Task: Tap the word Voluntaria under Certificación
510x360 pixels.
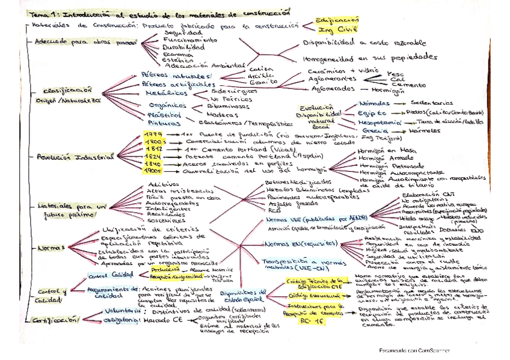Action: point(115,311)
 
